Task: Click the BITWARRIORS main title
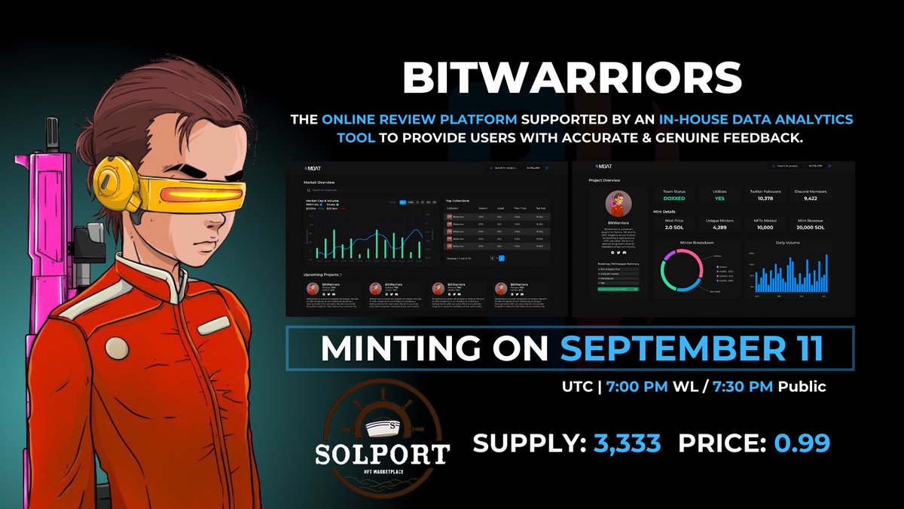coord(573,78)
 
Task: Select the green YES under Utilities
coord(720,200)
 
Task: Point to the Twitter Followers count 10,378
coord(765,200)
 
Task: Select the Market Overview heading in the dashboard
coord(319,182)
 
